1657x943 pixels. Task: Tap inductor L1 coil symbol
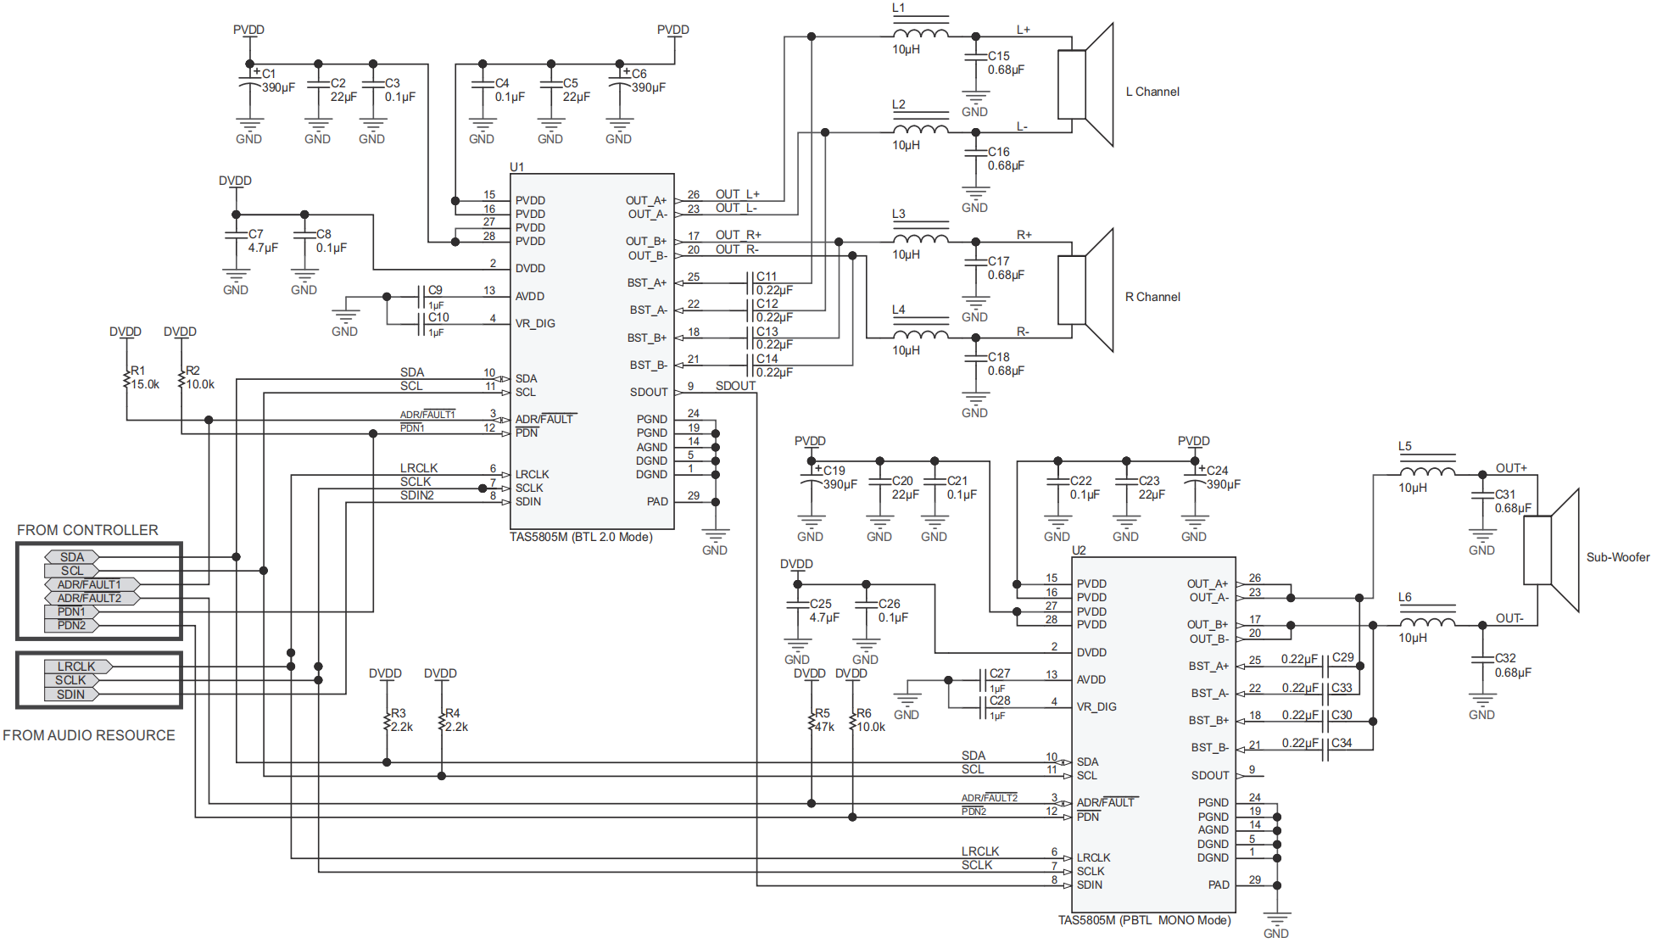pos(920,34)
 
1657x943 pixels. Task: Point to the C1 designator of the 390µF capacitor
pos(269,74)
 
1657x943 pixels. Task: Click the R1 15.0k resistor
pos(127,377)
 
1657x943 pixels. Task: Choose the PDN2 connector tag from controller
pos(72,625)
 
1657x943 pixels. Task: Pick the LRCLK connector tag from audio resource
pos(77,667)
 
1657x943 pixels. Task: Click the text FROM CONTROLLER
pos(87,530)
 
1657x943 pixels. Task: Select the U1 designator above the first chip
pos(517,167)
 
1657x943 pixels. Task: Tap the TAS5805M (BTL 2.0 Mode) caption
pos(581,537)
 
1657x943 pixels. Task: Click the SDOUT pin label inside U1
pos(649,392)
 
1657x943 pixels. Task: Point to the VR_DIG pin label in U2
pos(1096,706)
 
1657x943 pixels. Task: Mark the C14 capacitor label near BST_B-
pos(767,359)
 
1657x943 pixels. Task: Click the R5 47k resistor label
pos(823,720)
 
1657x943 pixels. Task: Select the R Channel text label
pos(1152,297)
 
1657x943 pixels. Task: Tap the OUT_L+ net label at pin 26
pos(738,194)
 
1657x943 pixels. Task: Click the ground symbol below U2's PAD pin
pos(1276,920)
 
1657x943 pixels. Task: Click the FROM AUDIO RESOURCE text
pos(89,735)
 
